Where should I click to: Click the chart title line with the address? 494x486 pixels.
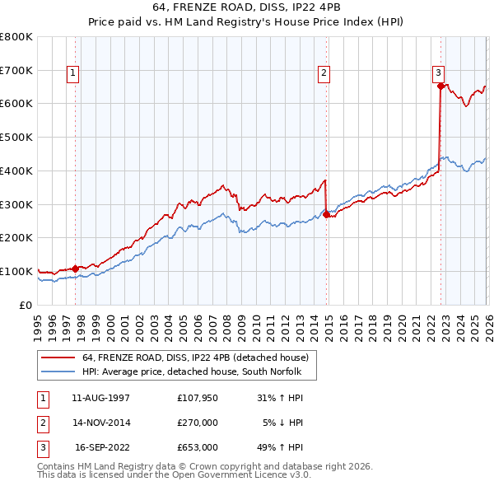pos(247,7)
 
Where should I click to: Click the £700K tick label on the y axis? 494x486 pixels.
pos(16,70)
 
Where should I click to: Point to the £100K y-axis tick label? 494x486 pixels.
pos(16,271)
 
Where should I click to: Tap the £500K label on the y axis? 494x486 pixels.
pos(16,137)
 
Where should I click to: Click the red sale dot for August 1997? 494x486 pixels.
pos(75,268)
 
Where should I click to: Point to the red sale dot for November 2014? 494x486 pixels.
pos(326,214)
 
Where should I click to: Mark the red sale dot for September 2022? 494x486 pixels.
pos(440,86)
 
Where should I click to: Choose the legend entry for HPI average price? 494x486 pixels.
pos(192,372)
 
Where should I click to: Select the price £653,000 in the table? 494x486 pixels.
pos(198,448)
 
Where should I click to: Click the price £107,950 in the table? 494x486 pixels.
pos(198,398)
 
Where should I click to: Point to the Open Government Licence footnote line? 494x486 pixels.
pos(174,476)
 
